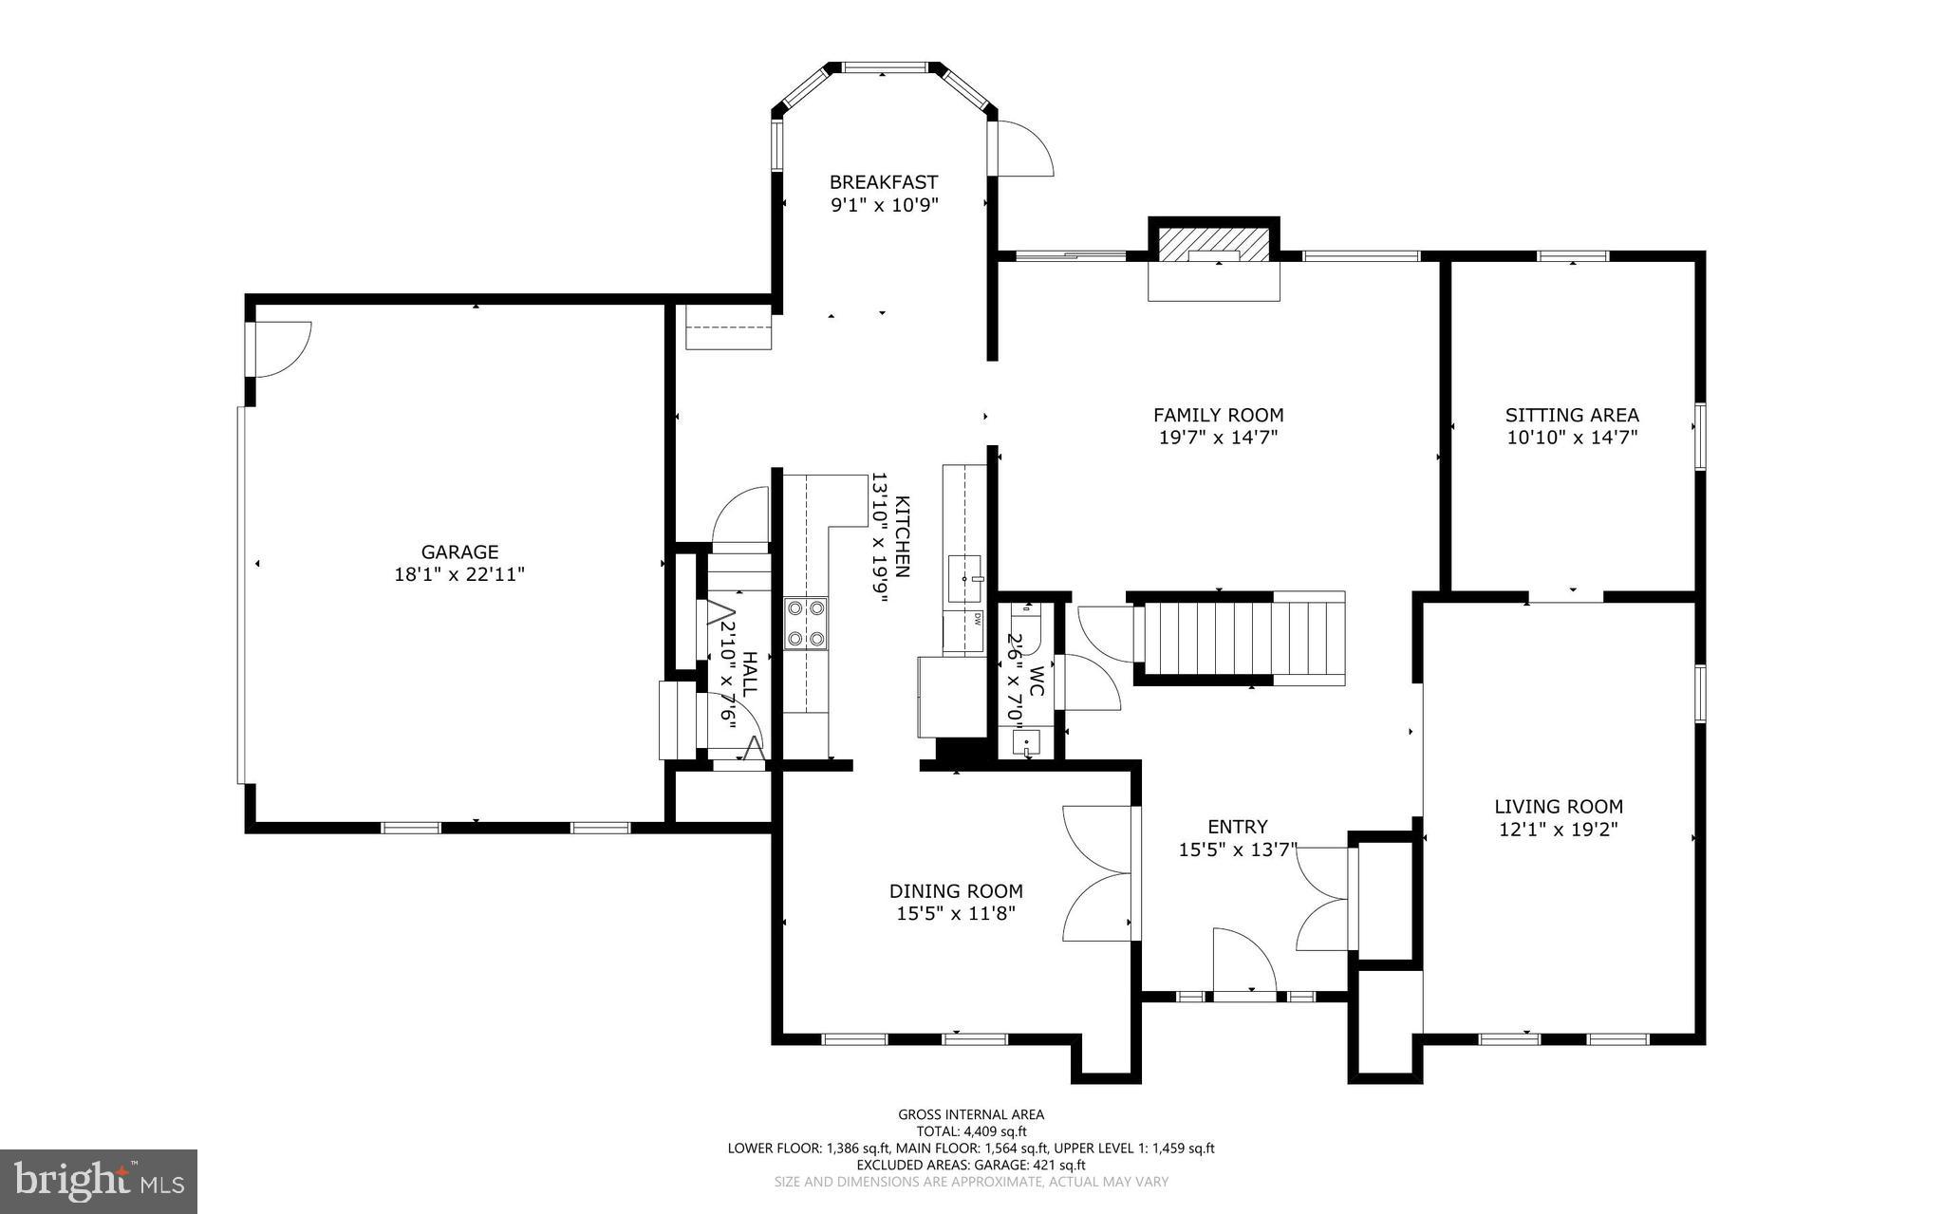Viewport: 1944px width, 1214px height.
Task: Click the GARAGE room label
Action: pos(459,551)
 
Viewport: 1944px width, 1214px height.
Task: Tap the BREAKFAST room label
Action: pos(884,182)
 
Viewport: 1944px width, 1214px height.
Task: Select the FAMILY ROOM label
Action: pos(1218,415)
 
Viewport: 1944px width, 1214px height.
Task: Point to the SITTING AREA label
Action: pos(1572,415)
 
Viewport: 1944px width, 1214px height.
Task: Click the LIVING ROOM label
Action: pos(1559,807)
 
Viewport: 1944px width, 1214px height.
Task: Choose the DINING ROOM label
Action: pos(956,891)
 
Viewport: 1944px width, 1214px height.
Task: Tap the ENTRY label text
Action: pos(1238,828)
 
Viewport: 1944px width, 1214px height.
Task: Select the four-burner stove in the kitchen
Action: pos(805,623)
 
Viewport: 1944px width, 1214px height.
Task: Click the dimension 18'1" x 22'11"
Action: pos(459,574)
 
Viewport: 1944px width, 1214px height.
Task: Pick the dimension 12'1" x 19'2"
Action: pos(1559,830)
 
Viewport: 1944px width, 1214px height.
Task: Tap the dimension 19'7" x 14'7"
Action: pos(1218,438)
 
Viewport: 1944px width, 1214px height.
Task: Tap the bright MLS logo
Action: pos(99,1182)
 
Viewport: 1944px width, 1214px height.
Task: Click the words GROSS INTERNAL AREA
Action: pos(971,1115)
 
